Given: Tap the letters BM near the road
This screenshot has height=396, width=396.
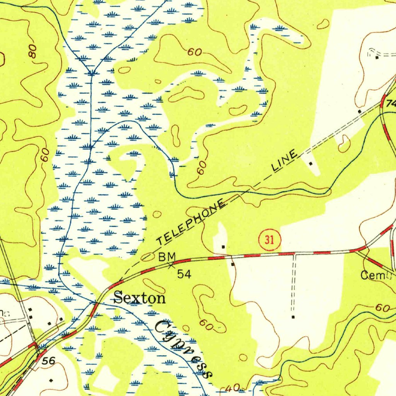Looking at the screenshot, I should (167, 256).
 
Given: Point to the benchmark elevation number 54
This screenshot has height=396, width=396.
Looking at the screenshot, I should (184, 274).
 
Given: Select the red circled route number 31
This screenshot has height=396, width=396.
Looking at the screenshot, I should (270, 240).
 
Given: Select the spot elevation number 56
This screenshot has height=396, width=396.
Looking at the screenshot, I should (49, 361).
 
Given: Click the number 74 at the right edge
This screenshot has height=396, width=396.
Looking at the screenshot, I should (391, 104).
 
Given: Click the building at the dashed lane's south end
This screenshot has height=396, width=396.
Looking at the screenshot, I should (293, 317).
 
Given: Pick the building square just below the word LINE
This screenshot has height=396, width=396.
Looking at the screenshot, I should (311, 164).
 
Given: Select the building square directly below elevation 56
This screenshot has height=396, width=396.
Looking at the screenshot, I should (51, 380).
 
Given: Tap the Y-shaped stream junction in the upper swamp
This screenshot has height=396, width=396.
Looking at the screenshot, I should (92, 72).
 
